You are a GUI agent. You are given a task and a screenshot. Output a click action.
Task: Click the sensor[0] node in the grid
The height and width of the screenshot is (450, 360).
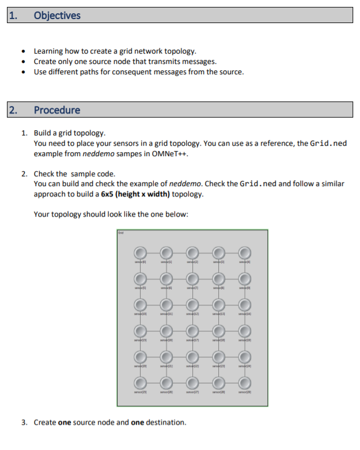139,252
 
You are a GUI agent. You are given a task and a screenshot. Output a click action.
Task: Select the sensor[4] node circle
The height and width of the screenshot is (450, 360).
245,252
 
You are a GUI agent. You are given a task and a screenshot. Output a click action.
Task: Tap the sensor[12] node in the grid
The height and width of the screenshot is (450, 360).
192,305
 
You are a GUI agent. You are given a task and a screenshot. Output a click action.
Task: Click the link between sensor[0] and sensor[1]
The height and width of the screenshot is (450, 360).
152,252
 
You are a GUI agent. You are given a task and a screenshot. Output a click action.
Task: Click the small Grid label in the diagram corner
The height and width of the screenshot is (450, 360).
120,233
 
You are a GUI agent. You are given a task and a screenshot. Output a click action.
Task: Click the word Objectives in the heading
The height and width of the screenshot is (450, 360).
57,16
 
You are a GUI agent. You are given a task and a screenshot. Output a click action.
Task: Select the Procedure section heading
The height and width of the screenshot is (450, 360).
57,110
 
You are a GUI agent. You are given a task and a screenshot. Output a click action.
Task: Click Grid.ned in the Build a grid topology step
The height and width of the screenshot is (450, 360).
328,143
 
